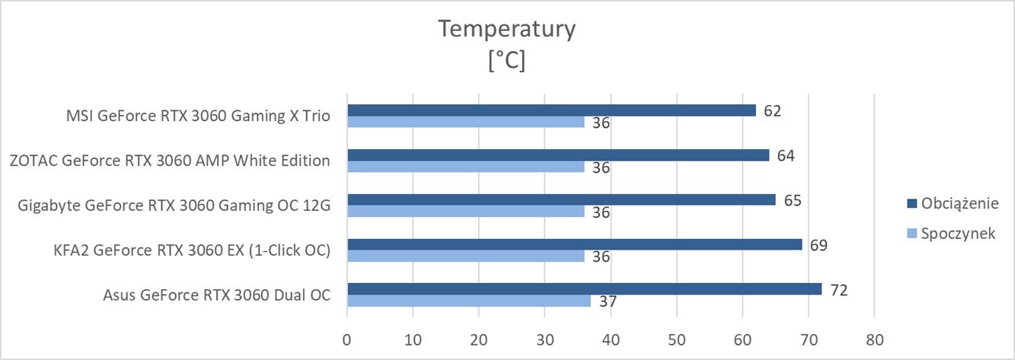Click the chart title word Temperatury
507,29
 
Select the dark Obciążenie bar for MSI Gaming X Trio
551,110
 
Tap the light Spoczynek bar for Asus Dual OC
468,301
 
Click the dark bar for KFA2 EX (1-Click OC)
574,244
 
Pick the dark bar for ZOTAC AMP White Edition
558,155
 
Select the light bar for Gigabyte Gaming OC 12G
465,212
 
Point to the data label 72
839,290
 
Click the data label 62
773,111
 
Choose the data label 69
819,245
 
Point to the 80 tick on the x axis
874,339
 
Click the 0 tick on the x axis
347,339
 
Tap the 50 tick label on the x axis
676,339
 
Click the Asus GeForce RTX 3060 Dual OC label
217,295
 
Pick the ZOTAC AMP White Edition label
170,161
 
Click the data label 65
793,200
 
